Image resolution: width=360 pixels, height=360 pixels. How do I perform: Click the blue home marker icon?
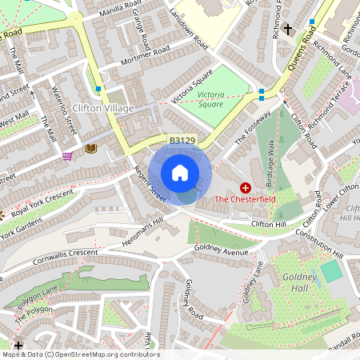(180, 173)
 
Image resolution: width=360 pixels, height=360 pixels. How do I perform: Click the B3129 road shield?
(182, 141)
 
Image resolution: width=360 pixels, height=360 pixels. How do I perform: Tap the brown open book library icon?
(90, 148)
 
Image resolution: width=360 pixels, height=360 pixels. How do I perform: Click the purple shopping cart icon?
(68, 156)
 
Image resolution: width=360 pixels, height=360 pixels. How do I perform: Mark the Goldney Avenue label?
(225, 251)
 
